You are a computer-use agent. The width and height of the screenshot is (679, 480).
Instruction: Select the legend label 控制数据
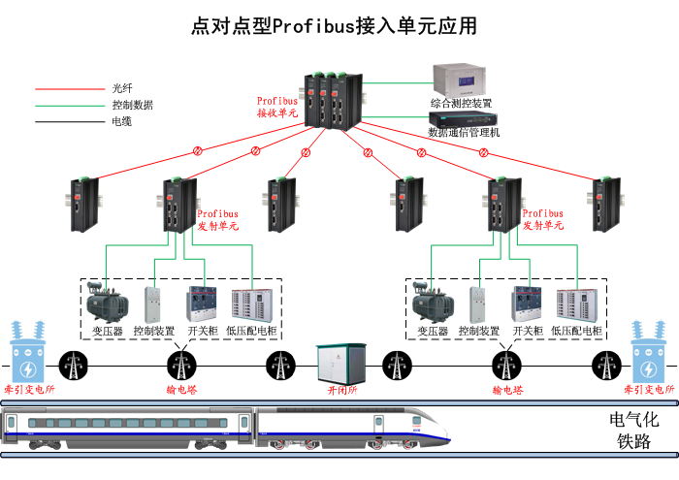(x=132, y=105)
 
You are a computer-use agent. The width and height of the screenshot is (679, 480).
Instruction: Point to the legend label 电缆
(x=121, y=122)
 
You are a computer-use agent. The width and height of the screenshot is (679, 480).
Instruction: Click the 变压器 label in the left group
(x=106, y=332)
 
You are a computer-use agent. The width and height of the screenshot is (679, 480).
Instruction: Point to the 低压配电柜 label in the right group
(x=577, y=332)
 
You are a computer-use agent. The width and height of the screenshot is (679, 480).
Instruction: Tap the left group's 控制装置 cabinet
(x=153, y=304)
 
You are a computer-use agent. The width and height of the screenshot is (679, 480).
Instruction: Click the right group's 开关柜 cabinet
(x=528, y=304)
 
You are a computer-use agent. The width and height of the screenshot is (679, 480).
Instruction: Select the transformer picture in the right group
(x=433, y=303)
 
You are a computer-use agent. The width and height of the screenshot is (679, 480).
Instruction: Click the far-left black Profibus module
(x=83, y=204)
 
